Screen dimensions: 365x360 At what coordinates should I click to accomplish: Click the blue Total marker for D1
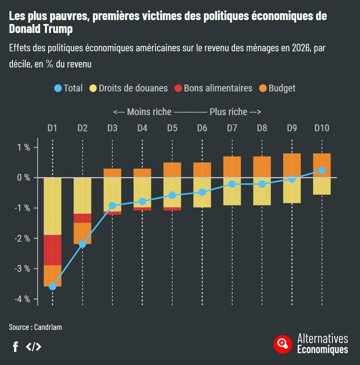click(52, 286)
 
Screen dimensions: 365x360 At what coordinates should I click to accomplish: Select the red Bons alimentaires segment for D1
click(52, 250)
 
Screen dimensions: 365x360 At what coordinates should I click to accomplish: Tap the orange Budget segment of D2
click(83, 233)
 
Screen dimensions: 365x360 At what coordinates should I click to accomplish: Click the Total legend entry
click(68, 88)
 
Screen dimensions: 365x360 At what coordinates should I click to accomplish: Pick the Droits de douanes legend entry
click(128, 88)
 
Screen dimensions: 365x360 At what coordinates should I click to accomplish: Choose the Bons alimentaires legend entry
click(213, 88)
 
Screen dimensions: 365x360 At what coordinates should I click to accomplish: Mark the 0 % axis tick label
click(23, 178)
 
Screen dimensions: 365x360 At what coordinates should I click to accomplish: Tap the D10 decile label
click(322, 128)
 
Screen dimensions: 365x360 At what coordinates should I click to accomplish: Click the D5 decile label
click(172, 128)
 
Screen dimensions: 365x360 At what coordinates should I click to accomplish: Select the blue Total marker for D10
click(322, 170)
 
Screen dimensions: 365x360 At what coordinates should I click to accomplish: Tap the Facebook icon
click(15, 347)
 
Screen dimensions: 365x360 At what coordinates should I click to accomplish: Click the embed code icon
click(33, 347)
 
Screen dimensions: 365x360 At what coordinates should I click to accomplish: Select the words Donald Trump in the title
click(41, 29)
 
